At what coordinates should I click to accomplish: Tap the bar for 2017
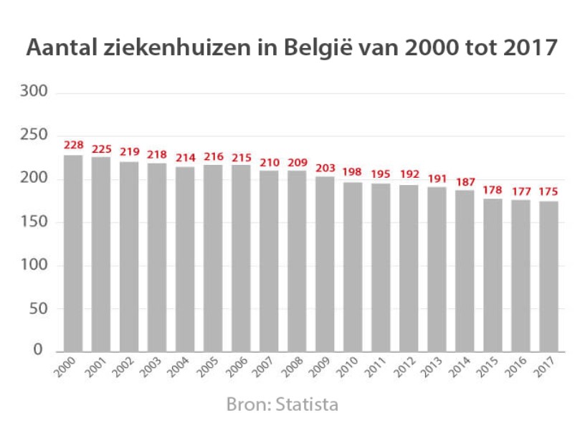(548, 276)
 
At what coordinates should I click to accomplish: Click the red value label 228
(73, 145)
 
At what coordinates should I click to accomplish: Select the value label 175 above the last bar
(548, 191)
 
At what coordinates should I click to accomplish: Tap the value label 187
(465, 181)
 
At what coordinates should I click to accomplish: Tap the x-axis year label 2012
(405, 369)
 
